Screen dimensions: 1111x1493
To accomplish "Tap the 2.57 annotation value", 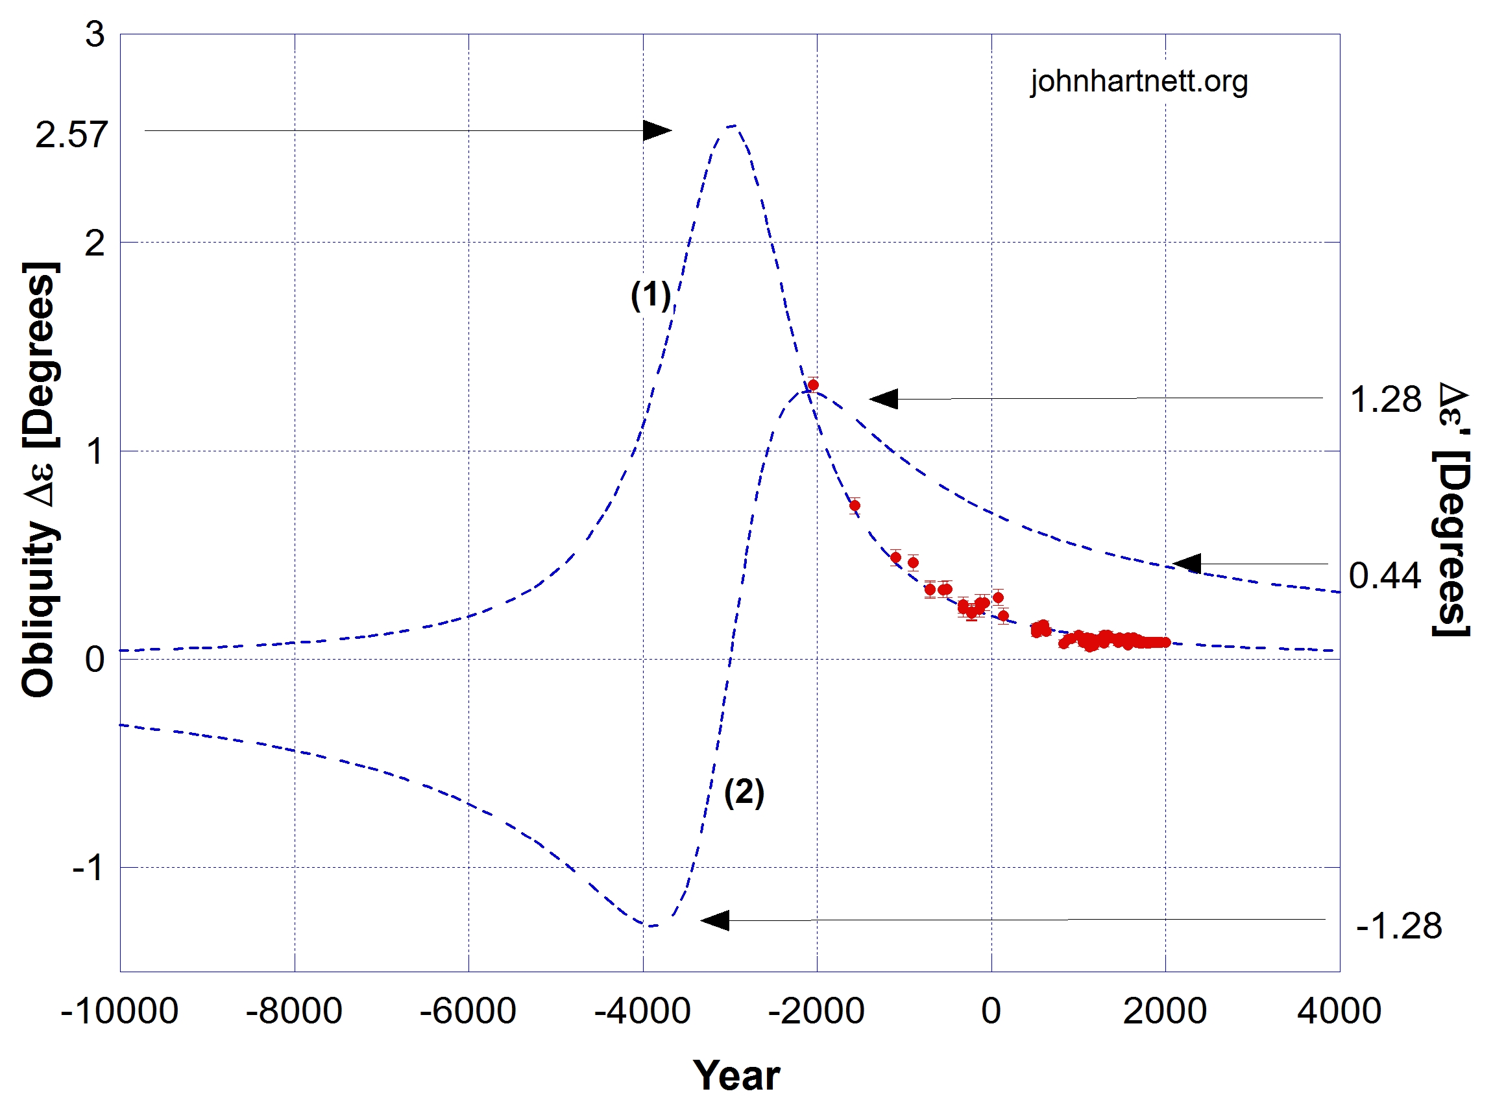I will point(71,135).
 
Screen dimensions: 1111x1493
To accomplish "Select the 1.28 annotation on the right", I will point(1385,400).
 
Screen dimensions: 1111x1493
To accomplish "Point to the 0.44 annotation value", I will point(1385,577).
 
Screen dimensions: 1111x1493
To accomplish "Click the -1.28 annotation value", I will point(1399,926).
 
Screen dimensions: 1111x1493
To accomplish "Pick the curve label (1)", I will point(651,294).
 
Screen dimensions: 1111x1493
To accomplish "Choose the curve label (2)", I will point(744,792).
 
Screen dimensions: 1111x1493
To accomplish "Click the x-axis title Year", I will point(736,1075).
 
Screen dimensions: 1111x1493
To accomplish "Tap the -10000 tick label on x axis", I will point(119,1010).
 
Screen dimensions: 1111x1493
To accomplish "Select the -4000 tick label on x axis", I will point(642,1010).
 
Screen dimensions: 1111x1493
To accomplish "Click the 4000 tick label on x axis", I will point(1339,1010).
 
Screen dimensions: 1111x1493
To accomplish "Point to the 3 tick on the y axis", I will point(95,34).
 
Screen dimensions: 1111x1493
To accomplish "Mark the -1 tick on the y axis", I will point(88,868).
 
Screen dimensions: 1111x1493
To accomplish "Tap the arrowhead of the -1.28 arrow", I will point(715,920).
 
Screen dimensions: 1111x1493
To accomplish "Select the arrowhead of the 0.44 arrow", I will point(1187,564).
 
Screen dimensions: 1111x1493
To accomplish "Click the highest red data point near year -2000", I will point(813,385).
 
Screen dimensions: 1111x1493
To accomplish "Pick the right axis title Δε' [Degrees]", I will point(1452,509).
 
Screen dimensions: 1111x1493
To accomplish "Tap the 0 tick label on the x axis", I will point(990,1010).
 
